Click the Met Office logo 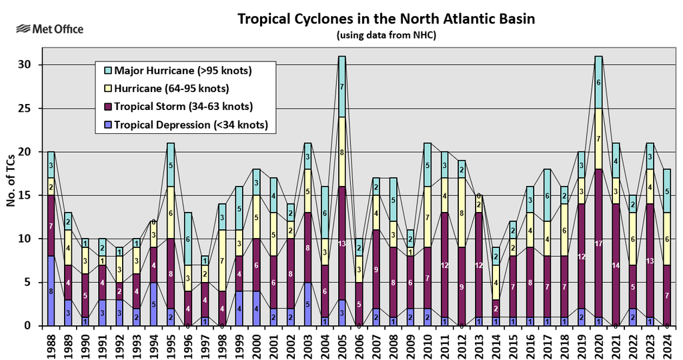tap(51, 29)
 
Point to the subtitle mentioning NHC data tap(386, 35)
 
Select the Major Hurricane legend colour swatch tap(108, 71)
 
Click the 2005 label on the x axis tap(341, 343)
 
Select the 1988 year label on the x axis tap(51, 343)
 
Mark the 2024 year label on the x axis tap(667, 343)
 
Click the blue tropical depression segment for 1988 tap(51, 291)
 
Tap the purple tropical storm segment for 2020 tap(598, 243)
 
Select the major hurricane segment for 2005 tap(341, 87)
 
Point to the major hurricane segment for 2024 tap(667, 191)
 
